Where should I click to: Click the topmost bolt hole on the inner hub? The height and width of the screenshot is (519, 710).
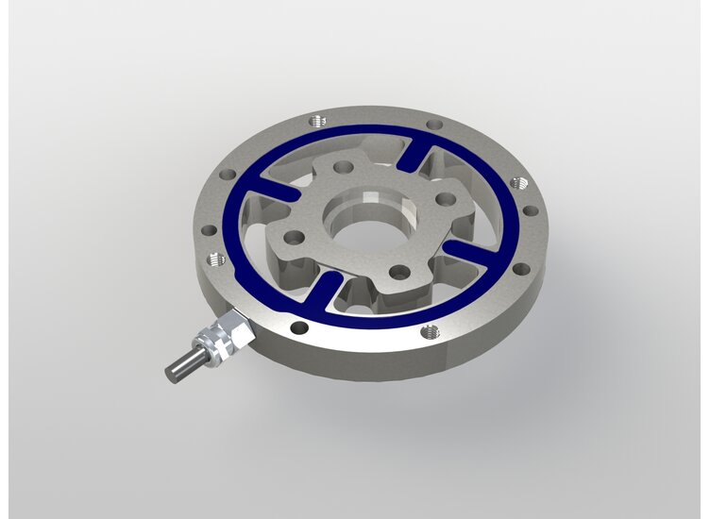[x=344, y=167]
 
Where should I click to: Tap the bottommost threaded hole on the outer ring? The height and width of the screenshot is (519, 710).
[x=430, y=331]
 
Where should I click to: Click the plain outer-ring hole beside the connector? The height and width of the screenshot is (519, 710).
[x=298, y=327]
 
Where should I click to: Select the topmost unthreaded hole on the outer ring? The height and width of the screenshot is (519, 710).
[x=433, y=125]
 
